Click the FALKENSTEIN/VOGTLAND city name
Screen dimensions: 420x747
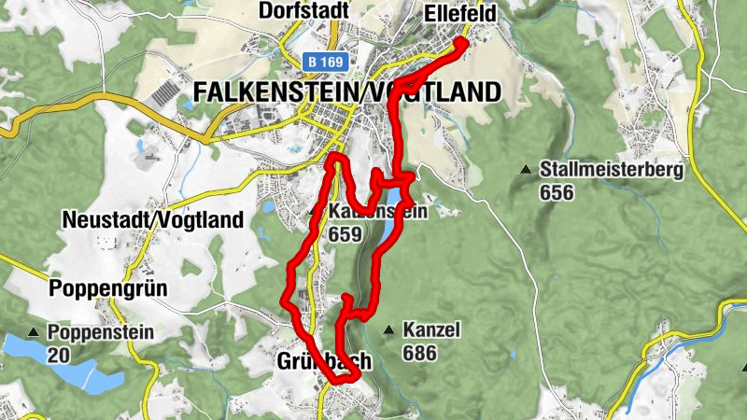(346, 92)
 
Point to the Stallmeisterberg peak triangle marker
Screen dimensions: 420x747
(527, 170)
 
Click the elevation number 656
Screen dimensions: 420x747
(557, 192)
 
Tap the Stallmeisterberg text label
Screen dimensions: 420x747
(612, 171)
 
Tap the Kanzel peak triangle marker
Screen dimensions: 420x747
(388, 329)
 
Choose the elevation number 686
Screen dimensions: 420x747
(420, 353)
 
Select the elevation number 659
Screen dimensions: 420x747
(344, 234)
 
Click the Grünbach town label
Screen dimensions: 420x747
(325, 360)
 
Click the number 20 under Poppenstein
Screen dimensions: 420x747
(59, 354)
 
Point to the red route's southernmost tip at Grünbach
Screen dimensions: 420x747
(342, 379)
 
